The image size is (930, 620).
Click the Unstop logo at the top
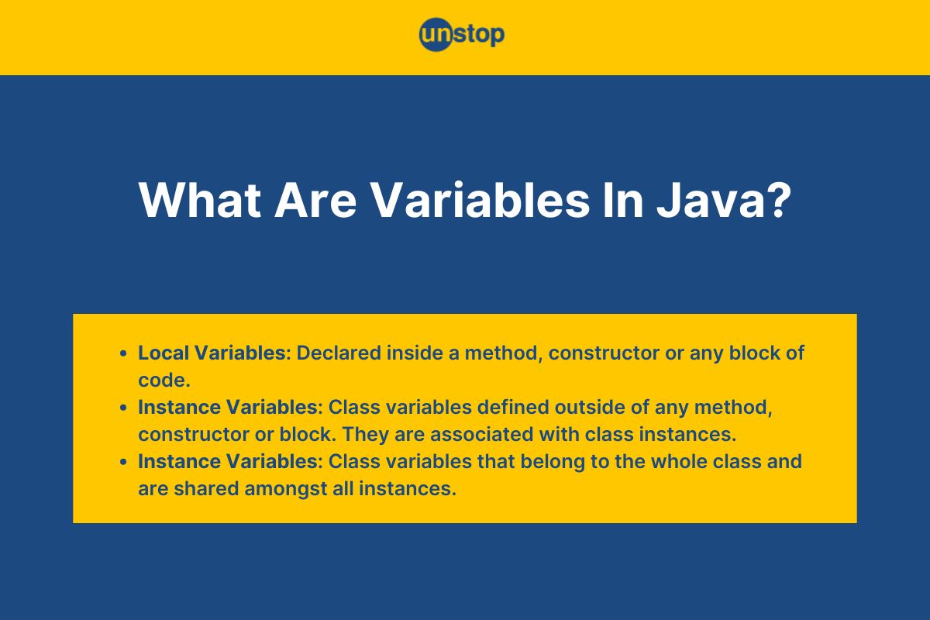tap(462, 34)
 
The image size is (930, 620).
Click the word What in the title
tap(200, 200)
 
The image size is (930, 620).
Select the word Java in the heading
tap(711, 200)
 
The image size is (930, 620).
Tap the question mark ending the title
tap(780, 200)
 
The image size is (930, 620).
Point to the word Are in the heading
tap(315, 200)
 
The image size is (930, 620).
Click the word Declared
tap(339, 353)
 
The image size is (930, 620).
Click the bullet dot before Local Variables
tap(123, 353)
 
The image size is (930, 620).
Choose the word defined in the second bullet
tap(513, 407)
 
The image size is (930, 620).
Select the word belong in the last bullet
tap(553, 462)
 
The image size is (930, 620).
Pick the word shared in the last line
tap(206, 488)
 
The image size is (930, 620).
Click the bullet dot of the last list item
tap(123, 462)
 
